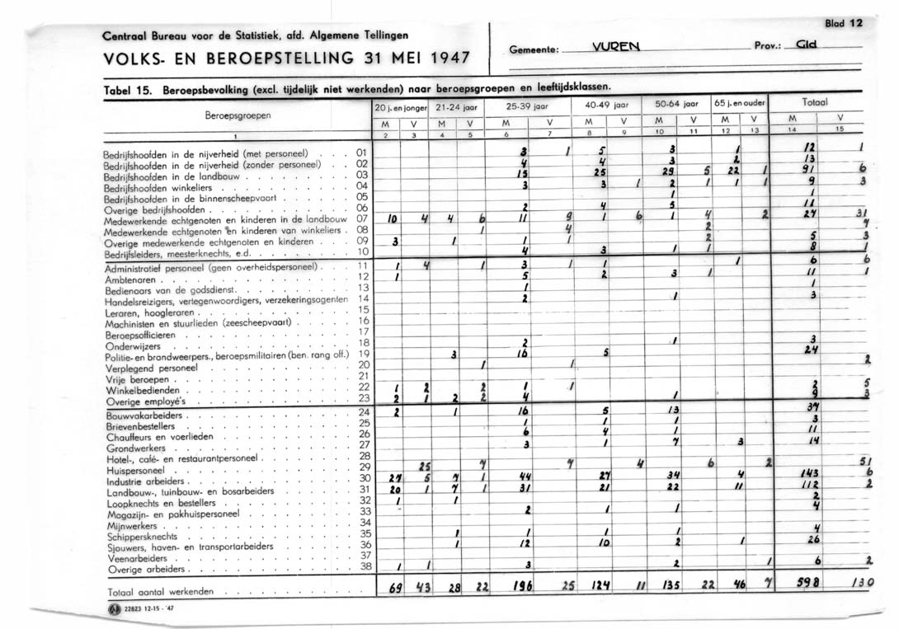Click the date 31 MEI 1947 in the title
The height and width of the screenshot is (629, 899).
coord(403,59)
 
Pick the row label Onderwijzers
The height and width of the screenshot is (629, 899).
coord(131,347)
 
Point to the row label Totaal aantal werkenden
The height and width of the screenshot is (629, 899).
coord(161,591)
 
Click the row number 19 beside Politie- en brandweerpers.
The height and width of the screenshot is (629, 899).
coord(364,353)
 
